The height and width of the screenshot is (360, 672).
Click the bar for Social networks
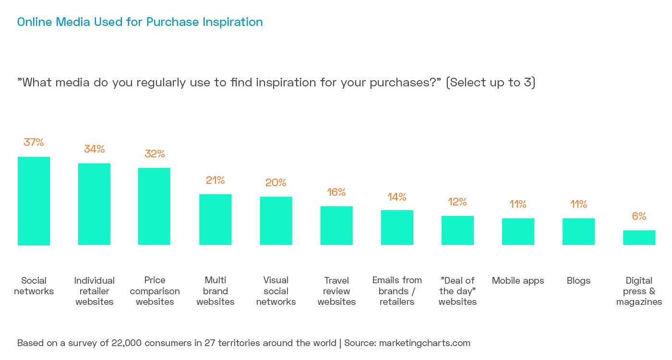[34, 201]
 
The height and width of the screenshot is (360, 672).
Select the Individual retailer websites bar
[95, 204]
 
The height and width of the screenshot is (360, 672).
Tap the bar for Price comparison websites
[154, 206]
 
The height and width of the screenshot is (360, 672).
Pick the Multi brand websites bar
[216, 219]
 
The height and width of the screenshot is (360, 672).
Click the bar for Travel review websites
[336, 226]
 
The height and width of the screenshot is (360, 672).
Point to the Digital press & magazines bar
[639, 238]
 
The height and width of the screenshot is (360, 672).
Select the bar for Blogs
[578, 231]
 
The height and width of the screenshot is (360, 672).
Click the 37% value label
[34, 142]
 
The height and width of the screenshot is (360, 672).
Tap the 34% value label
[95, 149]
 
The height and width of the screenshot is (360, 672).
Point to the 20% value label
[276, 182]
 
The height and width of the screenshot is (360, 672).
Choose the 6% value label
[639, 216]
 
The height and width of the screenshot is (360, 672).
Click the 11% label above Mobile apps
[518, 204]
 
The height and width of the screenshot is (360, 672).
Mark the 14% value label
[397, 197]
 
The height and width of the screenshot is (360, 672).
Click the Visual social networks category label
[276, 291]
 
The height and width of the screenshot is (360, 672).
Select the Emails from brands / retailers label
[397, 291]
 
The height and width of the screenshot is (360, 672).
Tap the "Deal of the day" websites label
[457, 291]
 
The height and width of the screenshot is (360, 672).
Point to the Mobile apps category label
[518, 280]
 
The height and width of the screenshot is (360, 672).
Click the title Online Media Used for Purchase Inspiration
[140, 22]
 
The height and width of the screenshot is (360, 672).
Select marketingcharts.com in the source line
[424, 343]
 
